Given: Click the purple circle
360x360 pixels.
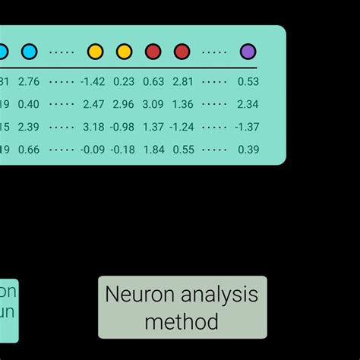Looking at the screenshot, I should [x=248, y=52].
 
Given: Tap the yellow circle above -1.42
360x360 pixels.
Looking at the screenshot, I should [x=96, y=52].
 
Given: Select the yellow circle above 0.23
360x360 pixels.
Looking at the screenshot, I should [x=124, y=52].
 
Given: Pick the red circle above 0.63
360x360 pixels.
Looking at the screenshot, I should [x=153, y=52].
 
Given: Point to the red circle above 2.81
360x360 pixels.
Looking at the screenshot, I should [x=182, y=52].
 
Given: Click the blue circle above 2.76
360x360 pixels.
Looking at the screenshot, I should [x=29, y=52].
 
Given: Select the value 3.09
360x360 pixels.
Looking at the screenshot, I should [x=153, y=104].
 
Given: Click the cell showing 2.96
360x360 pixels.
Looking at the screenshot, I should [x=124, y=104].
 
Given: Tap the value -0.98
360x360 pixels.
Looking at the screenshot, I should [x=122, y=127].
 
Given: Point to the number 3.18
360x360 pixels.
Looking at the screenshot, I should [x=95, y=127].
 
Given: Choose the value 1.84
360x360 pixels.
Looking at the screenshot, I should [x=153, y=150].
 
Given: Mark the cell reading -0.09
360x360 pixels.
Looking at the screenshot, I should [x=93, y=150].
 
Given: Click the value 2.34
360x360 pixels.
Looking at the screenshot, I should [x=248, y=104].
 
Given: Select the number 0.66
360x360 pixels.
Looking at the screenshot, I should [x=29, y=150].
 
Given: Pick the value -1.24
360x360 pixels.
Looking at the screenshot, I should [x=182, y=127].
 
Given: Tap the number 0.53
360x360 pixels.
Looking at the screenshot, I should [x=248, y=81].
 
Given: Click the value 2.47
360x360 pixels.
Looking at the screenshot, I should [x=95, y=104].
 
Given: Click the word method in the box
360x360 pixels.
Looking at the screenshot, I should [x=182, y=321].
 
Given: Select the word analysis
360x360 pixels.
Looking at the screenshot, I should [x=219, y=295].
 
